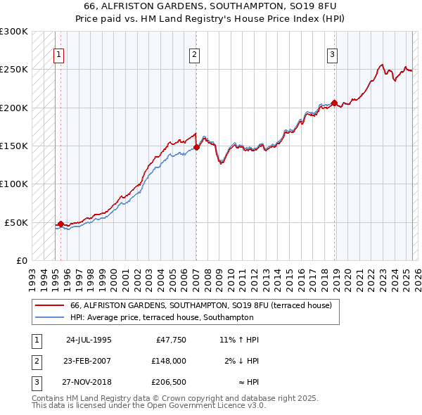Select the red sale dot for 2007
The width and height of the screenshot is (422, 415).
tap(196, 147)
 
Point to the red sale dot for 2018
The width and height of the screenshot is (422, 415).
tap(334, 102)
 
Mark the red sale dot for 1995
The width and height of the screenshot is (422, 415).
tap(60, 224)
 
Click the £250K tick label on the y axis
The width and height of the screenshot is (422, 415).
tap(14, 70)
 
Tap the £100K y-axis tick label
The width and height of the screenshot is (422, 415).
tap(14, 184)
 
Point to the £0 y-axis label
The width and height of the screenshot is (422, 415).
tap(20, 260)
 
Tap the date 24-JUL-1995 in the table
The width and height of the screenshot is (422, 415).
tap(89, 340)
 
